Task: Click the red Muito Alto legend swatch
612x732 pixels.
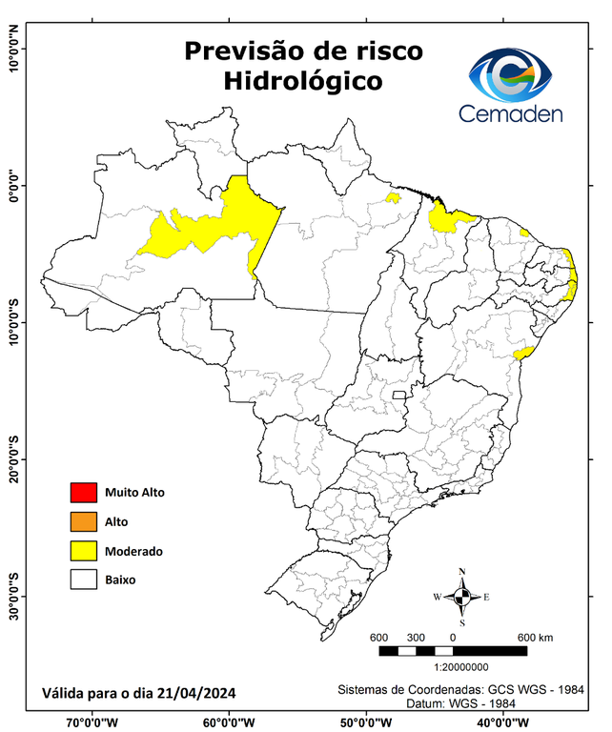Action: click(84, 493)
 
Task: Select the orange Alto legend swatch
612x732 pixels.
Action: click(84, 521)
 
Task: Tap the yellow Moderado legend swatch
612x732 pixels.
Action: click(84, 550)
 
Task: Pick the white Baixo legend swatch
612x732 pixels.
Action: click(84, 579)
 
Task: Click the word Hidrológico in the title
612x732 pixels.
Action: click(302, 82)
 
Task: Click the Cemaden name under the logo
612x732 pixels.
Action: click(511, 114)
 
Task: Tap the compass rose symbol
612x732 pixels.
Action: click(461, 597)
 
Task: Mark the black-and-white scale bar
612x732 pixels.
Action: click(453, 651)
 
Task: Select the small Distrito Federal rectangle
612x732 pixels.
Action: click(398, 393)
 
